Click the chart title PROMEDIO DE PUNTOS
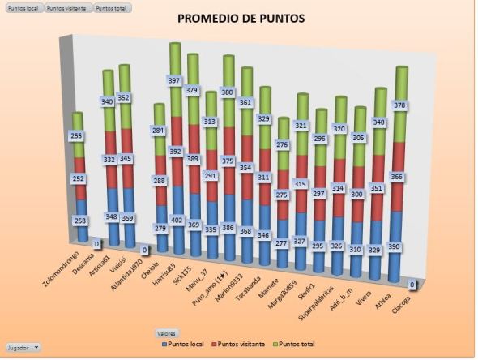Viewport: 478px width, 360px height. pos(241,18)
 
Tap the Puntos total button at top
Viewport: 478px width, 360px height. pos(112,7)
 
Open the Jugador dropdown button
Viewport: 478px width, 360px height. pos(23,347)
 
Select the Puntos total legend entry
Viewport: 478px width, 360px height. pos(302,345)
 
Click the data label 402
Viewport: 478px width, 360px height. pos(175,218)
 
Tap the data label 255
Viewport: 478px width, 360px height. pos(77,136)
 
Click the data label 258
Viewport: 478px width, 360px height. pos(79,221)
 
